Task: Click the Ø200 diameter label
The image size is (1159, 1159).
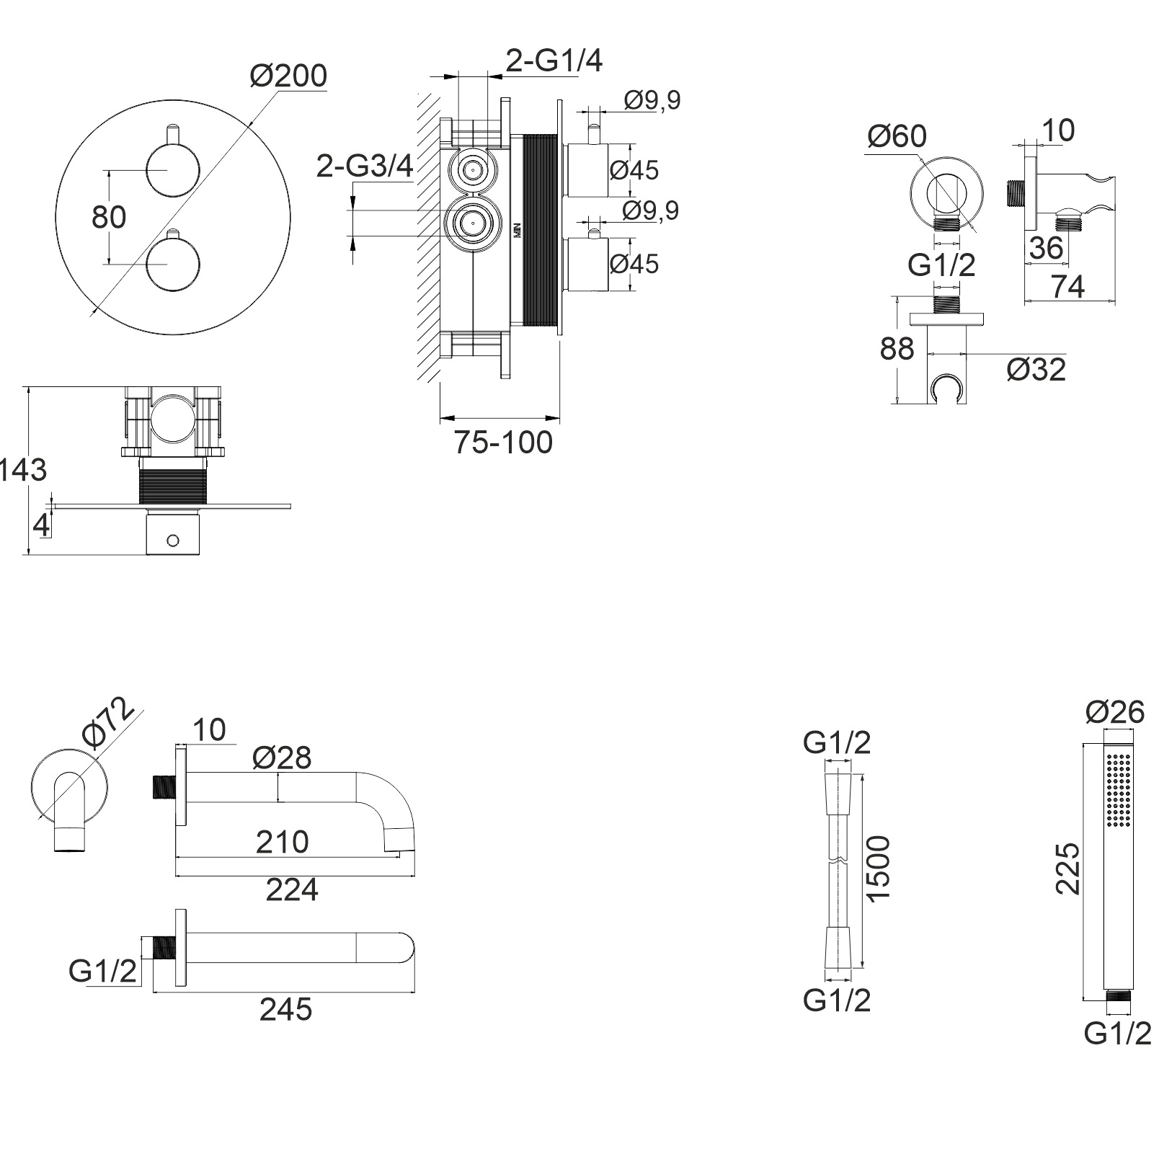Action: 288,76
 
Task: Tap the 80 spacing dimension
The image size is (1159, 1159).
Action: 109,217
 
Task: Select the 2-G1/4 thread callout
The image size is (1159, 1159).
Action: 554,61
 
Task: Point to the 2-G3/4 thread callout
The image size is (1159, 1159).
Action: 365,166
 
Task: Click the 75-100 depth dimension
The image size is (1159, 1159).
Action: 503,442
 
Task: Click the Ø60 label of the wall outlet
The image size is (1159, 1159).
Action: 897,136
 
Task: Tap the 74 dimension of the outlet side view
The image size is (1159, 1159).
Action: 1067,287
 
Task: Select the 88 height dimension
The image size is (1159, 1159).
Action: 897,349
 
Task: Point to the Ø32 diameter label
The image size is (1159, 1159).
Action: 1036,370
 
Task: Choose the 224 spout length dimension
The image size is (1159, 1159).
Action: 292,890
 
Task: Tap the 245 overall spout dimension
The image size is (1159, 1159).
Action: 285,1009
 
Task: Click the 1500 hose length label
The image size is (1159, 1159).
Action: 879,867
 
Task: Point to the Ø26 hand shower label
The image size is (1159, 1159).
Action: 1114,712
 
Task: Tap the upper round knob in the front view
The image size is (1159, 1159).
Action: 172,170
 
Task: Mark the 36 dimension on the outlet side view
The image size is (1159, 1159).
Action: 1046,247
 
